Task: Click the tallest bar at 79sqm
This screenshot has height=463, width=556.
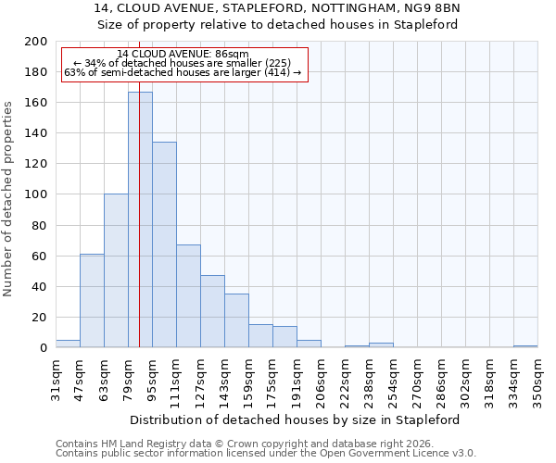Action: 140,219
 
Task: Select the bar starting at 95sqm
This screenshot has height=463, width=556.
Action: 164,244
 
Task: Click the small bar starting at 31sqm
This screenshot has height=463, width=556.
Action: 68,344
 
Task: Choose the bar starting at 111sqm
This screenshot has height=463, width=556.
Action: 188,296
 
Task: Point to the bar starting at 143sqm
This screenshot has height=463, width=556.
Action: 236,320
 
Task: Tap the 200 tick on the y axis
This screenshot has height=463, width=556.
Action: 36,42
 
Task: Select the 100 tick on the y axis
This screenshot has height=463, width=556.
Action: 36,194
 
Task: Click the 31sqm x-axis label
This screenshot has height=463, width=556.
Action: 56,380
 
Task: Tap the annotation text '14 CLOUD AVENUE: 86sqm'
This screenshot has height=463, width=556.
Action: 183,55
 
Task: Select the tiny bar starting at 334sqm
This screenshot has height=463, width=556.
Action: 525,345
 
